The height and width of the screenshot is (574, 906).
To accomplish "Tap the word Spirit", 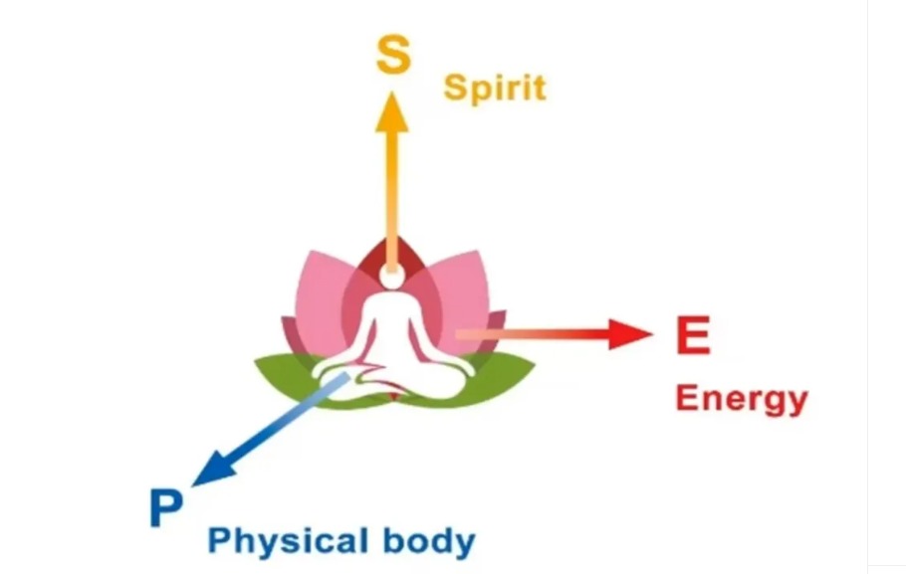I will coord(495,88).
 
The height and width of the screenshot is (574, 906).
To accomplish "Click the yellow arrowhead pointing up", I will coord(393,109).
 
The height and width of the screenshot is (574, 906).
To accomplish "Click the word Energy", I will coord(741,399).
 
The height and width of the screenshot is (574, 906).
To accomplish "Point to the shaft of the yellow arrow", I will coord(393,189).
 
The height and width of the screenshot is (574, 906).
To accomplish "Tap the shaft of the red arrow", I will coord(538,334).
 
